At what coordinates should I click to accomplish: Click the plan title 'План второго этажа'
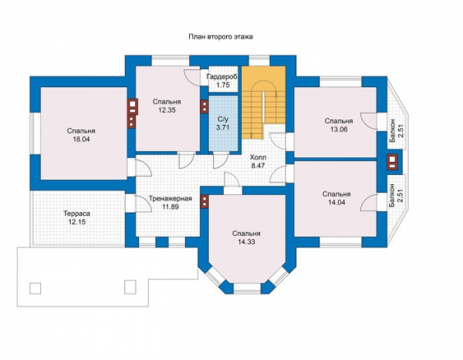[221, 37]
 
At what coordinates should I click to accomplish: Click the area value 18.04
[81, 140]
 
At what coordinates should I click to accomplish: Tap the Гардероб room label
[222, 77]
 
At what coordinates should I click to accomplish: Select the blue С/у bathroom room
[223, 123]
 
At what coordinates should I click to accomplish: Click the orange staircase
[264, 102]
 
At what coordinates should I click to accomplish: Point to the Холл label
[258, 157]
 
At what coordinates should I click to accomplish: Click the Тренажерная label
[171, 199]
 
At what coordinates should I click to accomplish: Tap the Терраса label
[77, 214]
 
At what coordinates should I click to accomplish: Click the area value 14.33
[246, 242]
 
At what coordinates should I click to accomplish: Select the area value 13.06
[339, 130]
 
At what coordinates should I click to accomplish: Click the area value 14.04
[336, 203]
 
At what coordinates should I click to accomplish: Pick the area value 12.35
[167, 110]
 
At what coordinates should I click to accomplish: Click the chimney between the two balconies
[393, 162]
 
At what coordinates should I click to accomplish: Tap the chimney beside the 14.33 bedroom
[204, 202]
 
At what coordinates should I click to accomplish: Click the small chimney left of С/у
[204, 106]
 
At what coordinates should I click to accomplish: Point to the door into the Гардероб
[192, 78]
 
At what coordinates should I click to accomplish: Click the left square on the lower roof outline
[35, 288]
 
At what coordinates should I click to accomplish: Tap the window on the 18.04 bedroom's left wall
[34, 133]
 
